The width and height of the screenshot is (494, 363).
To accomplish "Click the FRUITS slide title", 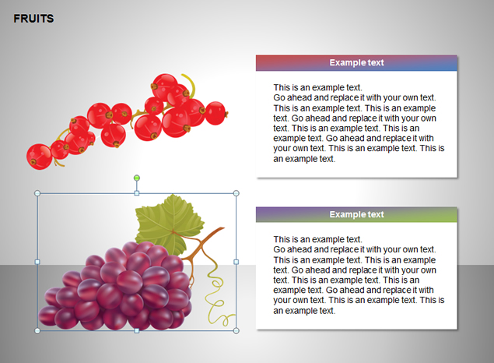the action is click(x=33, y=19).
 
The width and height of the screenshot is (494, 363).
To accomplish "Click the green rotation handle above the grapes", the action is click(x=137, y=178).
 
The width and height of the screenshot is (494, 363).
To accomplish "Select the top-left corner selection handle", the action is click(x=37, y=193).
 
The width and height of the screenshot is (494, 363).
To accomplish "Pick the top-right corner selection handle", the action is click(x=236, y=193).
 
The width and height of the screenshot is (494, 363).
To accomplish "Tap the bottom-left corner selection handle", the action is click(x=37, y=330).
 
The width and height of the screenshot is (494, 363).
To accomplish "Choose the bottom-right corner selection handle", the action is click(x=236, y=330).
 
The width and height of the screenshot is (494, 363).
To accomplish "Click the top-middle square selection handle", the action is click(x=137, y=193).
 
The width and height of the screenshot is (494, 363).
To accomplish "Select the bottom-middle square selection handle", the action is click(x=137, y=330).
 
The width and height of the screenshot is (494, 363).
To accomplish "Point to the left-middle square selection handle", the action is click(x=37, y=262).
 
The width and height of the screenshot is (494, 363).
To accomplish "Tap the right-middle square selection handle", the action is click(x=236, y=262).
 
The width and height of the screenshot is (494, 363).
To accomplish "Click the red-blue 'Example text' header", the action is click(x=356, y=63).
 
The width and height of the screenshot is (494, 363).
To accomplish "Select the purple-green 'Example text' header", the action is click(x=356, y=214).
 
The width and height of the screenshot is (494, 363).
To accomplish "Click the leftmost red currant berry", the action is click(x=39, y=157).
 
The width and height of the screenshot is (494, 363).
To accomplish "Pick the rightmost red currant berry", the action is click(x=215, y=113).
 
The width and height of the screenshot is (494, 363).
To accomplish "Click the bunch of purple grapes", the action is click(x=117, y=287).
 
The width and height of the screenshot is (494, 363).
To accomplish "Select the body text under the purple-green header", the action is click(x=359, y=275).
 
